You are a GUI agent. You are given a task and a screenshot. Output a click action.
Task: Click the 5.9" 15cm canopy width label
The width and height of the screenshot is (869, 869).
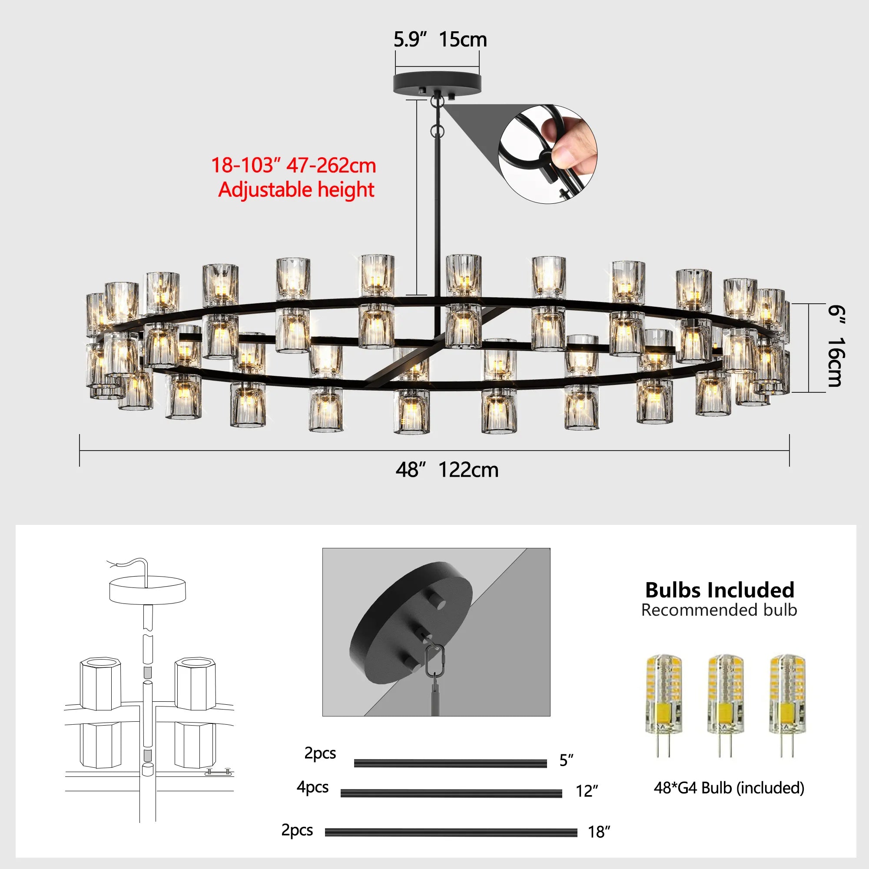440,40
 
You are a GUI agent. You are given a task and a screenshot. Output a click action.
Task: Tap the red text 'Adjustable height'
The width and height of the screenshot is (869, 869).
296,189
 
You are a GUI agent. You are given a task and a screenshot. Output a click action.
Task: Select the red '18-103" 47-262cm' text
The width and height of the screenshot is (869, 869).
293,166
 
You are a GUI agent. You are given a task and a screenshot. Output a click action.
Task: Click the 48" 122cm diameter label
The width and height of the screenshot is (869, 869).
447,470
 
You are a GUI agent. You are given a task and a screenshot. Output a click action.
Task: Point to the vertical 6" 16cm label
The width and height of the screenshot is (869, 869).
835,346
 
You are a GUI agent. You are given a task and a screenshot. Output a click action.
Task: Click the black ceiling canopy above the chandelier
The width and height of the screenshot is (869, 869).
437,83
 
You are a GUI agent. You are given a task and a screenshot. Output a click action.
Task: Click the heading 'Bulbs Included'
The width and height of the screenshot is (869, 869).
720,590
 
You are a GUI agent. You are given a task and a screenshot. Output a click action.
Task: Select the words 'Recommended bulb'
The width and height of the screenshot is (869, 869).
719,610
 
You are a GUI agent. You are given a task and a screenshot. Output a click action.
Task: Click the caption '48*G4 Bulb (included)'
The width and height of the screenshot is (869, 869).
729,788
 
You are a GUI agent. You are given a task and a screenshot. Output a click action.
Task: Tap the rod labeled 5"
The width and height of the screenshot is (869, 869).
450,763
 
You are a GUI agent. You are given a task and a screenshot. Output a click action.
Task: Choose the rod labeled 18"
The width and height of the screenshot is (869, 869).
451,833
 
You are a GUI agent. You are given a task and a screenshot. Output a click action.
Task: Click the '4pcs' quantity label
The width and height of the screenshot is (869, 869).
312,787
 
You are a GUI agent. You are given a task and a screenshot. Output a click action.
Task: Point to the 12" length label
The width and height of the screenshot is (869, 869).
587,791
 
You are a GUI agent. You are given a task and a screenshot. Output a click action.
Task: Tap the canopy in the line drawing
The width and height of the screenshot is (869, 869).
148,590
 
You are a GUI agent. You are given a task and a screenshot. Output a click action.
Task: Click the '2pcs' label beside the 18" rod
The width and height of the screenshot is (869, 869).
297,830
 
